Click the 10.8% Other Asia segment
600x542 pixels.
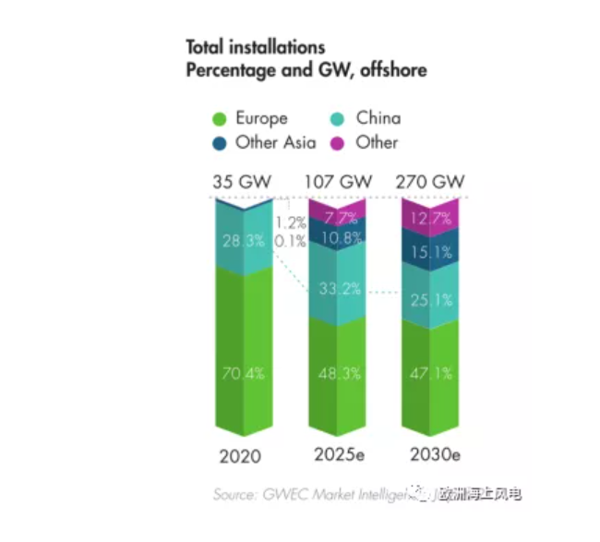coord(337,235)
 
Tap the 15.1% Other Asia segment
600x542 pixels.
coord(430,251)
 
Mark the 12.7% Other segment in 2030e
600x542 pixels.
coord(430,218)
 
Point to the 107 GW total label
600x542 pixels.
coord(337,181)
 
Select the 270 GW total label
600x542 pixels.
coord(430,181)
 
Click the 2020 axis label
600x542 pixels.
coord(240,456)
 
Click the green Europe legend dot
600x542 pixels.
coord(220,119)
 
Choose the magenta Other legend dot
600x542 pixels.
coord(338,143)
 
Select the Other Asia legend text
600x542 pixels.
coord(275,143)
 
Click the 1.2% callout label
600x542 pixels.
coord(291,223)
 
